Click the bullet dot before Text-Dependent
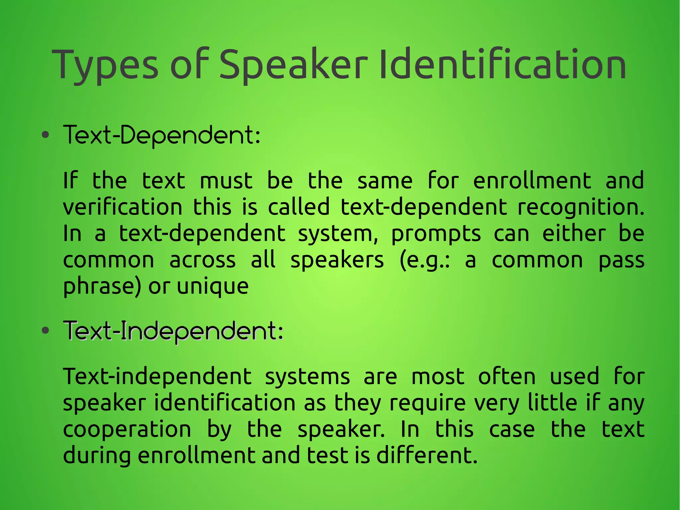[45, 135]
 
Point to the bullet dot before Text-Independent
[45, 331]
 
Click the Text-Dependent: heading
[162, 136]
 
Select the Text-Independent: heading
[173, 331]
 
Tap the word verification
[123, 207]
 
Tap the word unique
[212, 287]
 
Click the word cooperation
[127, 430]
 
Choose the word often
[507, 376]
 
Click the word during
[97, 456]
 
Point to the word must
[226, 181]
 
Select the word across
[203, 260]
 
